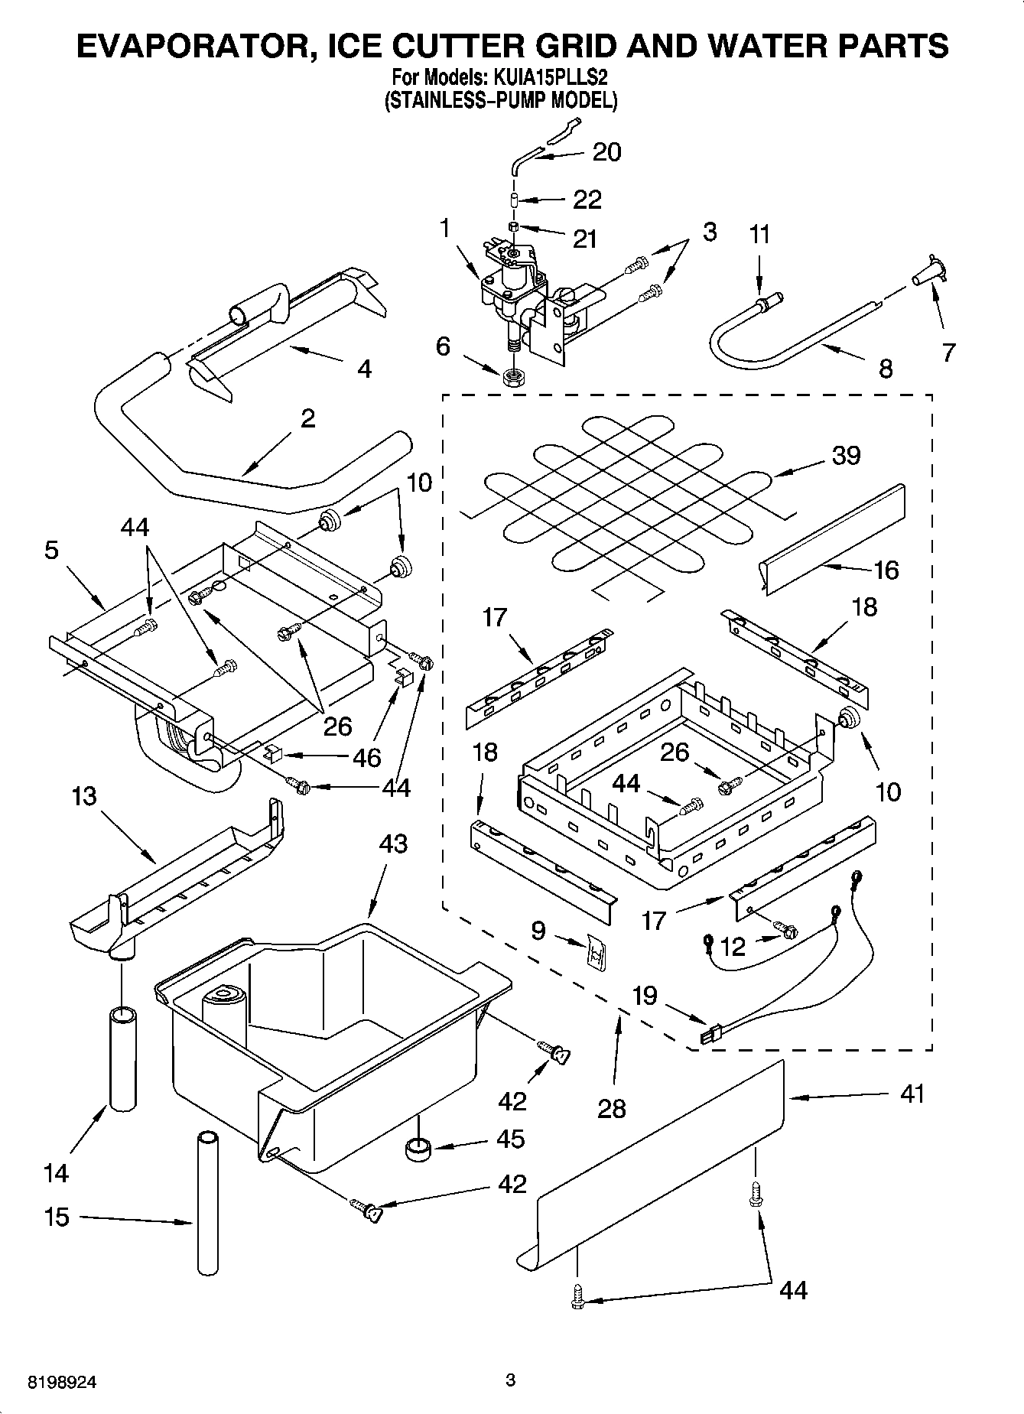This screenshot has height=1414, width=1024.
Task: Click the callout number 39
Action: [x=846, y=455]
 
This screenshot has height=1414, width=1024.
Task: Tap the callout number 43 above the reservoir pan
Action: [x=393, y=844]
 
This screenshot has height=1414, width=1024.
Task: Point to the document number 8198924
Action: [x=63, y=1383]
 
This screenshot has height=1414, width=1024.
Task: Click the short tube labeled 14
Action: [x=123, y=1059]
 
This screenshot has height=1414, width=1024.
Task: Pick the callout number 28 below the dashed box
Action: [x=612, y=1108]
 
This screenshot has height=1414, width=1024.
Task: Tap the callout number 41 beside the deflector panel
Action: [x=912, y=1094]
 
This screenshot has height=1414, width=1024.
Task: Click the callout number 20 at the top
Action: [x=606, y=152]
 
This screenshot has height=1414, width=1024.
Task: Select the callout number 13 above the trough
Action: [x=84, y=796]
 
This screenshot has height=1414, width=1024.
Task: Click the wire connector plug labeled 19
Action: [x=710, y=1037]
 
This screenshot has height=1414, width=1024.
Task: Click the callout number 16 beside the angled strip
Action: [x=886, y=570]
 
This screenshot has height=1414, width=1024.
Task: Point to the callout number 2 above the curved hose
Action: [x=307, y=418]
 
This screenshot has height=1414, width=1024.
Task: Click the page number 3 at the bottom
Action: [x=511, y=1381]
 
